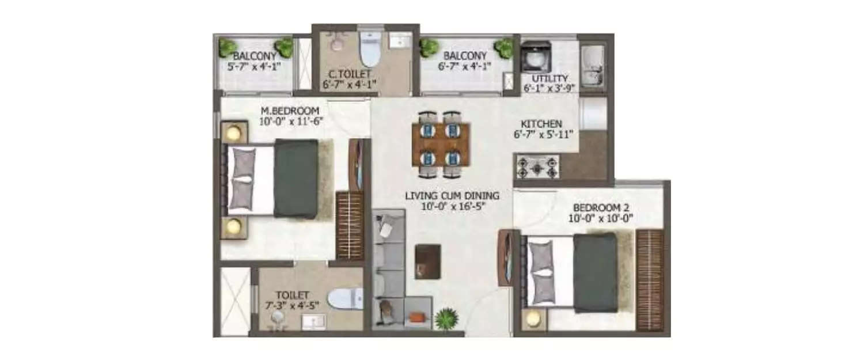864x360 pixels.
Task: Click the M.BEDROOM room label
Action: pos(289,111)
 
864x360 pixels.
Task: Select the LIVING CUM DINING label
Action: pos(452,195)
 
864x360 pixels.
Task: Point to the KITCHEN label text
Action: pos(541,124)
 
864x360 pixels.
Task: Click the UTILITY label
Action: pos(550,78)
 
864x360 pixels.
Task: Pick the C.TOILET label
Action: pos(350,74)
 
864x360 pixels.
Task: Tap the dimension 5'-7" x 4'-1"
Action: pos(254,66)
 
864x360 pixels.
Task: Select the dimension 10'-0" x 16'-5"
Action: pos(452,206)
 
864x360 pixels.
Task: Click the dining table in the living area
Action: pos(441,144)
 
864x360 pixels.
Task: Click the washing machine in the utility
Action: pos(536,56)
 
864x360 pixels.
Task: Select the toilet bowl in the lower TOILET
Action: pos(345,298)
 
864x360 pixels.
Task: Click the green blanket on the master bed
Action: pos(296,179)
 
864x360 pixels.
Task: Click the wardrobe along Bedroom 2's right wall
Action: pos(650,281)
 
